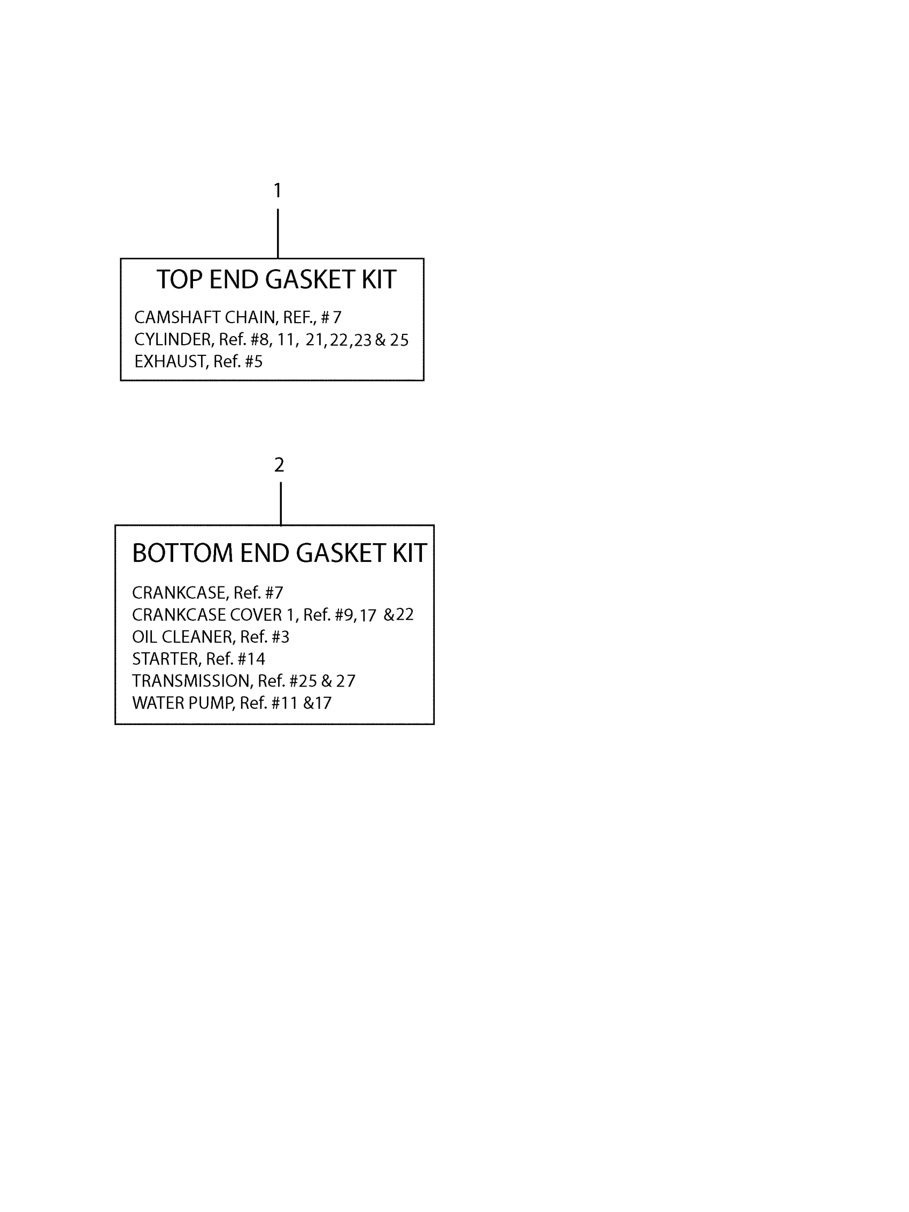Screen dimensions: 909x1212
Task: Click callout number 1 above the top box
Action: [278, 190]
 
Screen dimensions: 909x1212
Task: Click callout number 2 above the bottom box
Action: [279, 464]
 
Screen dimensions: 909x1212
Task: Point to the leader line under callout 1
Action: [278, 233]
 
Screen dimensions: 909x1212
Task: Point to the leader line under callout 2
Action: [281, 503]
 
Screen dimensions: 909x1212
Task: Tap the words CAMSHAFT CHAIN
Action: [204, 317]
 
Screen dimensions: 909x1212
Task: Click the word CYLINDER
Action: [173, 340]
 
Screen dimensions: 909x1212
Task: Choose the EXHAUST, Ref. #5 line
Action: [198, 362]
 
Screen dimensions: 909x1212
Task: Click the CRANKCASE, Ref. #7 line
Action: [207, 593]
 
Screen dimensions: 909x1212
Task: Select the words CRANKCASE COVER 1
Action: [214, 615]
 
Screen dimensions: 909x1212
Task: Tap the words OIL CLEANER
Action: [182, 637]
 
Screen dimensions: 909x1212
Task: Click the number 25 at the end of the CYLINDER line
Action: [399, 340]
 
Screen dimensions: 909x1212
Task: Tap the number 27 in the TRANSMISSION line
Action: [345, 681]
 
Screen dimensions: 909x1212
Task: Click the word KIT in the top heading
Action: [379, 280]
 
